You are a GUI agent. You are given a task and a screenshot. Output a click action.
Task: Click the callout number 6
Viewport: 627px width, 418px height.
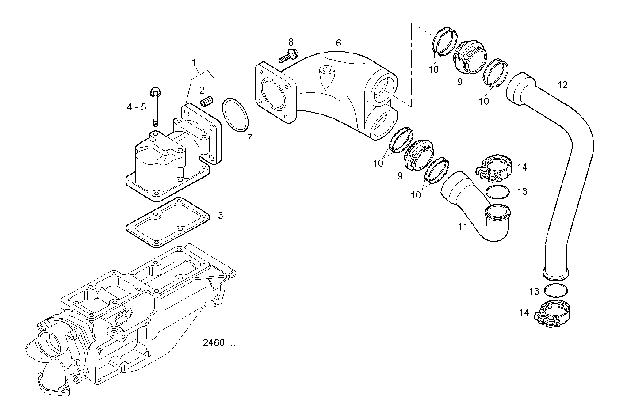tap(338, 43)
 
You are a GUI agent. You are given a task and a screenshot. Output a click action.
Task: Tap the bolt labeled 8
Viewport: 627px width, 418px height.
tap(287, 56)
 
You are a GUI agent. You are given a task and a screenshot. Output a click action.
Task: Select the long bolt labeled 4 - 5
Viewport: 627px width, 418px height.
tap(155, 106)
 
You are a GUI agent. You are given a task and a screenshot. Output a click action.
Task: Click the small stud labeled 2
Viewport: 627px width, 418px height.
tap(206, 103)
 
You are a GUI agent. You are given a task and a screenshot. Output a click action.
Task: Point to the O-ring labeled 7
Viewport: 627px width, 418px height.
tap(235, 115)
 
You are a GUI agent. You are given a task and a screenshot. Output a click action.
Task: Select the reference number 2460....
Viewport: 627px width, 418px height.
tap(219, 343)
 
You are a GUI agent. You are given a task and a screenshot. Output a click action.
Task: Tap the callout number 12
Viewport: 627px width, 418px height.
tap(562, 85)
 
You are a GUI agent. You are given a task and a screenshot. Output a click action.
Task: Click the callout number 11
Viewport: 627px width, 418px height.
tap(463, 227)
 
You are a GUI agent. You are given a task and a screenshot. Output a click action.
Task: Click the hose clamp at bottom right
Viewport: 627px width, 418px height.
tap(553, 314)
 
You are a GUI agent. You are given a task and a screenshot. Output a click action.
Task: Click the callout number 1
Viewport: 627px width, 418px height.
tap(193, 62)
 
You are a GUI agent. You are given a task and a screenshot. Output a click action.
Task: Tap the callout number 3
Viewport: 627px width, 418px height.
tap(220, 216)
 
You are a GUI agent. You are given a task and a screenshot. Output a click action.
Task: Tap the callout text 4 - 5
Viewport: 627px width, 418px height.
tap(136, 107)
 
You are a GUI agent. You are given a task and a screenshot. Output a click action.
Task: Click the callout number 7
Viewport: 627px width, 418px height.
tap(249, 138)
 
